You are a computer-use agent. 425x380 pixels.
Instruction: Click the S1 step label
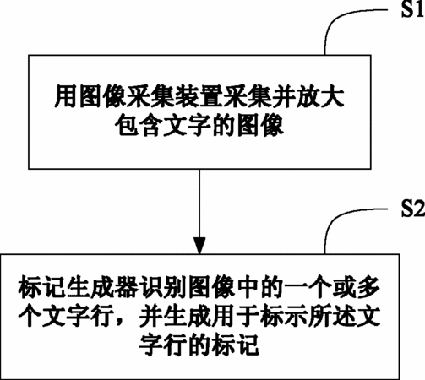(x=413, y=10)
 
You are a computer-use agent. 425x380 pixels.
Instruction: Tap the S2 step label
(x=413, y=209)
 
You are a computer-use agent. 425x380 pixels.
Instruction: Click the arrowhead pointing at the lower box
(x=199, y=246)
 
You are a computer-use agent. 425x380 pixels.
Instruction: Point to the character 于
(x=248, y=317)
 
